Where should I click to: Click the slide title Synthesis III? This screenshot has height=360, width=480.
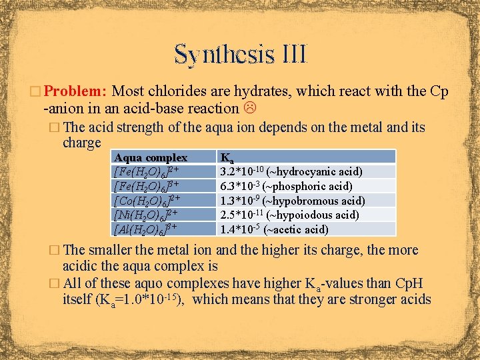pyautogui.click(x=240, y=53)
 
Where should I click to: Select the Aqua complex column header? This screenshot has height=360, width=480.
pyautogui.click(x=151, y=158)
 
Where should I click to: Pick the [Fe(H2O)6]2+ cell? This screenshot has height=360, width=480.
pyautogui.click(x=147, y=172)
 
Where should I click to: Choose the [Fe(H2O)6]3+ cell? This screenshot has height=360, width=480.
pyautogui.click(x=147, y=186)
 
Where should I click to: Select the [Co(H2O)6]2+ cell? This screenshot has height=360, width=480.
pyautogui.click(x=147, y=200)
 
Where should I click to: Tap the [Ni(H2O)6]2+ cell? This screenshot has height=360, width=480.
pyautogui.click(x=147, y=215)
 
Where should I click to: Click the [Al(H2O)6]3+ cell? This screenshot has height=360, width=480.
pyautogui.click(x=147, y=229)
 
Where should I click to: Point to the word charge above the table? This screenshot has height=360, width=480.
pyautogui.click(x=81, y=143)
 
